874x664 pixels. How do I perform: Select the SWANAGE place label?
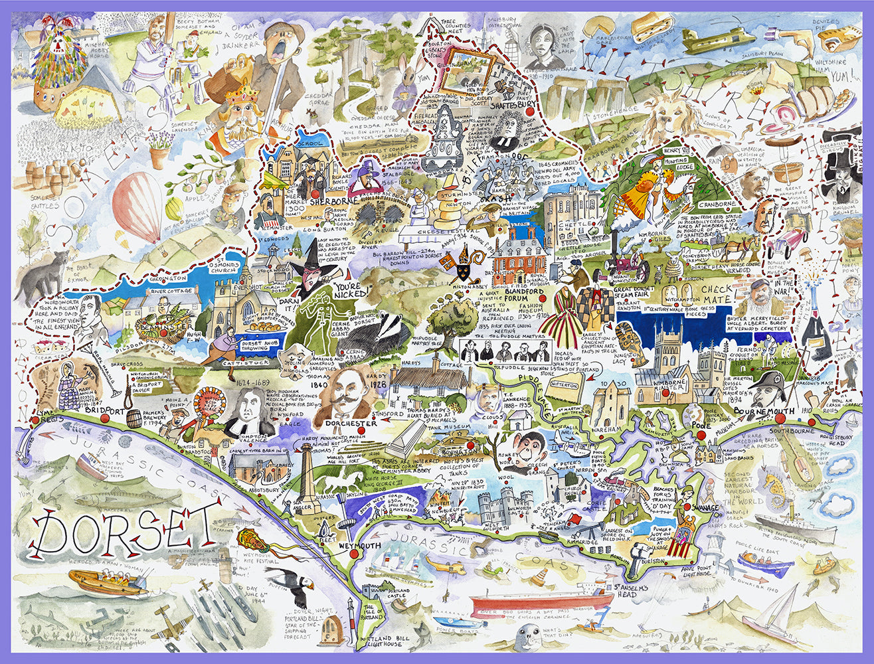[706, 507]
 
